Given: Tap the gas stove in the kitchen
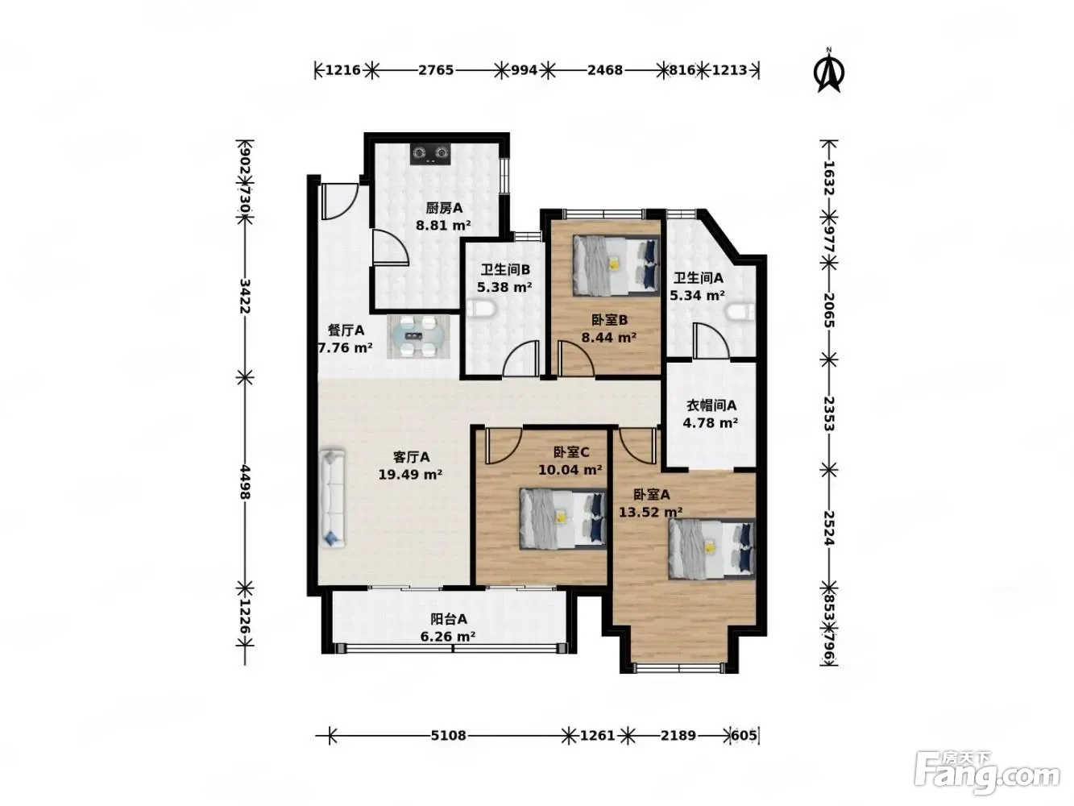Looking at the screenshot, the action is [430, 154].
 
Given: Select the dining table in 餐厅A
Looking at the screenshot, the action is [418, 336].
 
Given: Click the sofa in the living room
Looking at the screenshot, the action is [333, 497].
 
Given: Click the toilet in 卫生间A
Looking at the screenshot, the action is [740, 312].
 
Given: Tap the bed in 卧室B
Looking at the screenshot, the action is [616, 265].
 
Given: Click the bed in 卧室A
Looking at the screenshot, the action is [711, 549].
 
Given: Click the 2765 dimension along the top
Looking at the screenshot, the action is [435, 70].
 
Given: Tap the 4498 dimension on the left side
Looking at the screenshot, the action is [245, 482].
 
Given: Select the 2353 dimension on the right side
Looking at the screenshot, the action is [828, 413].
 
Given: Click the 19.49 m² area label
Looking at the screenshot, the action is [410, 474].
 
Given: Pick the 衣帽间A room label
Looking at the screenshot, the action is [711, 405].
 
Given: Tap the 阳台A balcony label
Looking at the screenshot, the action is [448, 619].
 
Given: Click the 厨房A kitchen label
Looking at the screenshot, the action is [444, 209].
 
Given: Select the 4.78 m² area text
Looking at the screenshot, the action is [710, 422].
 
